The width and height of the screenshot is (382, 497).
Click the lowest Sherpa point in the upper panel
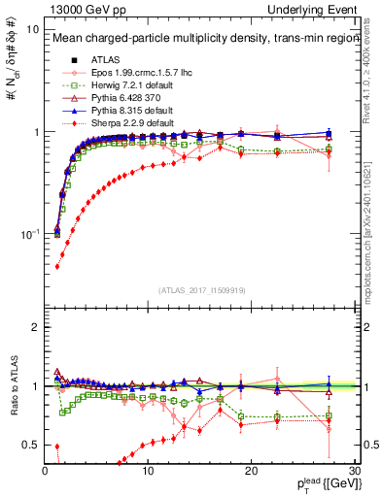pos(56,266)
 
